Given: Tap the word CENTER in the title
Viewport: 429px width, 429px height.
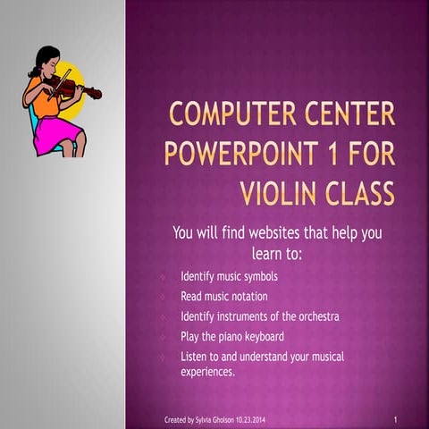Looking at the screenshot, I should pyautogui.click(x=345, y=117).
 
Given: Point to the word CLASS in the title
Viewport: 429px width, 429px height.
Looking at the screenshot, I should pyautogui.click(x=360, y=190).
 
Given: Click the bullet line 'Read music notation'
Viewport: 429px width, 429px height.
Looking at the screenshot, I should pyautogui.click(x=223, y=296).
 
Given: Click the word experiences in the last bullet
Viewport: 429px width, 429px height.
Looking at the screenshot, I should pyautogui.click(x=207, y=371).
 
